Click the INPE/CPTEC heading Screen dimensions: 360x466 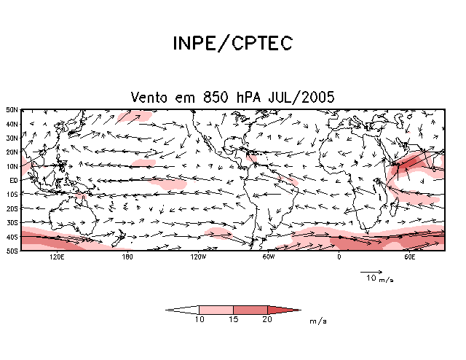click(x=232, y=44)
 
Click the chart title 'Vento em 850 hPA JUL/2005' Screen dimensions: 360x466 click(x=232, y=97)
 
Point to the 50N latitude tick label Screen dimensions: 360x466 click(x=12, y=110)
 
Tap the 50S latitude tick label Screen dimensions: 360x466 click(x=12, y=251)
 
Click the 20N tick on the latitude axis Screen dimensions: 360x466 click(x=12, y=152)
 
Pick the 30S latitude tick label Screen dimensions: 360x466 click(x=12, y=222)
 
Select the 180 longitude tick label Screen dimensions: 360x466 click(x=127, y=257)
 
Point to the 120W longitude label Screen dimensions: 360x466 click(x=197, y=257)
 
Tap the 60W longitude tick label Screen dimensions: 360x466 click(x=268, y=257)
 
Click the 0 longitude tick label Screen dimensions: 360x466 click(x=339, y=257)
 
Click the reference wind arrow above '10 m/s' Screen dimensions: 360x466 click(x=371, y=272)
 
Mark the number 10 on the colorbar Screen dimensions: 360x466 click(x=199, y=320)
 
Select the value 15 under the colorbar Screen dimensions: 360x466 click(x=233, y=320)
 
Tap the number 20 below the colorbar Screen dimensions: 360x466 click(x=267, y=320)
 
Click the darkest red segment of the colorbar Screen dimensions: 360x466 click(x=281, y=310)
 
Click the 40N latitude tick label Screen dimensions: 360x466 click(x=12, y=124)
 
